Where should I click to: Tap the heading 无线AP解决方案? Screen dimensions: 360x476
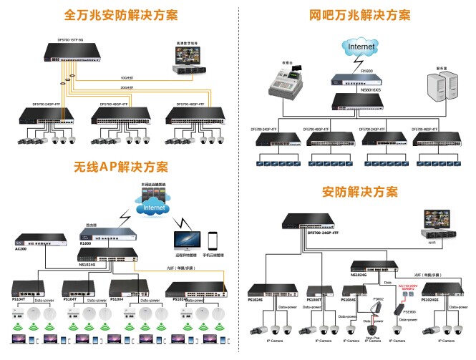pos(121,167)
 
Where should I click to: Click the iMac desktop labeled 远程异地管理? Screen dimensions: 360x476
pos(185,240)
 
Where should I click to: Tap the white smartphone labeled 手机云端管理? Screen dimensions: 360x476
pos(213,240)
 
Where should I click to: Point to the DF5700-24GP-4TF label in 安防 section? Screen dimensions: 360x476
pos(323,233)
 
